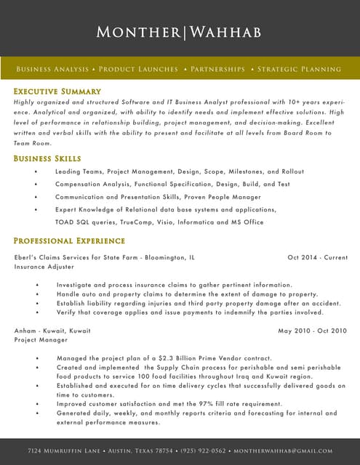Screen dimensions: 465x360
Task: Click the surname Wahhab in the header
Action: pos(225,32)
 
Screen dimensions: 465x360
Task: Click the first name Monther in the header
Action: pos(139,32)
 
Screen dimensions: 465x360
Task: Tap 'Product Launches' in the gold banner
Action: pos(138,69)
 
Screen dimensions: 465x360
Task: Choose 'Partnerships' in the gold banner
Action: pos(217,69)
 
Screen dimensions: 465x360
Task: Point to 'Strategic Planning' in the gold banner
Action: pos(299,69)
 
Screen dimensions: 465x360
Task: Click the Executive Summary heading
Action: pos(57,92)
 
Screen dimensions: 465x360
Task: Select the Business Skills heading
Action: pos(47,158)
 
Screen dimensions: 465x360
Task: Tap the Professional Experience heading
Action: pos(69,240)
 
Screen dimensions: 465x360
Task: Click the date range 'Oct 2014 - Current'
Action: pos(317,257)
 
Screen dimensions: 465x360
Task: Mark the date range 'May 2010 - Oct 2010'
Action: pos(313,331)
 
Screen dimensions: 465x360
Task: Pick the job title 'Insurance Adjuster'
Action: pos(44,267)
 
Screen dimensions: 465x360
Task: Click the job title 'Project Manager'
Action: pos(41,339)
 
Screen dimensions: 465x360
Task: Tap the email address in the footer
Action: pos(283,451)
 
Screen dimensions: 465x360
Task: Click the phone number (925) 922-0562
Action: pos(203,451)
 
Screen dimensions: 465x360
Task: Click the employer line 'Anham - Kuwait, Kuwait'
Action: pos(52,331)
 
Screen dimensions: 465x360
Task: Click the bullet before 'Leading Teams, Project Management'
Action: pos(36,171)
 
